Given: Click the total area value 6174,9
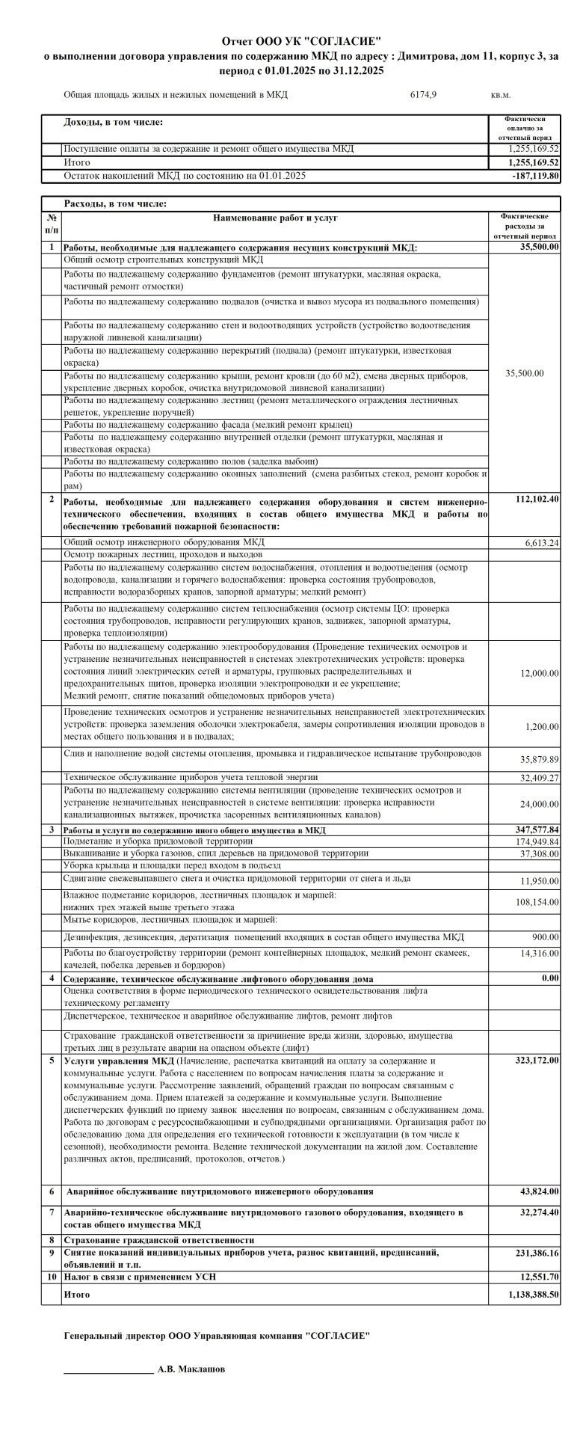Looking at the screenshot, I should coord(423,95).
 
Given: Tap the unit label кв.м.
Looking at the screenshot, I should coord(501,95).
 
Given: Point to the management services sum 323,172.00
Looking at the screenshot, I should coord(537,1061).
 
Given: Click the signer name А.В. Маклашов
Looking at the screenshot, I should coord(191,1390).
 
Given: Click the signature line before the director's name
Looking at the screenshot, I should coord(108,1391).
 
